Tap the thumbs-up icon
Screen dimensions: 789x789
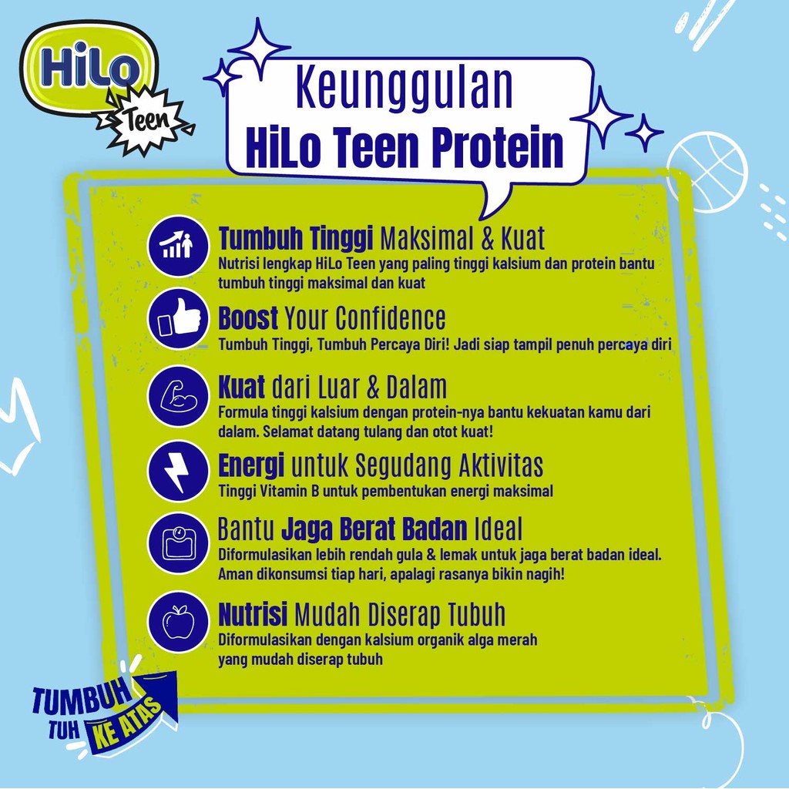pos(178,318)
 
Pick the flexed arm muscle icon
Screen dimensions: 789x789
pos(178,396)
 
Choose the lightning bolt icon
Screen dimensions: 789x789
pos(178,470)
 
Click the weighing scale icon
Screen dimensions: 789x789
pos(178,542)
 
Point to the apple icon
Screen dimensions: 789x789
pos(178,621)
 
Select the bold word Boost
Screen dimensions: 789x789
pos(248,318)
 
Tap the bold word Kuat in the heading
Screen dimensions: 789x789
pos(242,387)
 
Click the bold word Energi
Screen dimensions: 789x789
pos(251,466)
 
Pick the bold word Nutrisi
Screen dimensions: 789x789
pos(253,615)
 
